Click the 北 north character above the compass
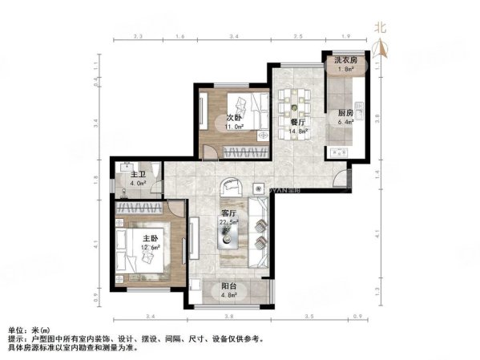(x=382, y=27)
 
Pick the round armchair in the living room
(x=232, y=187)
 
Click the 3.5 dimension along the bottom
(x=308, y=317)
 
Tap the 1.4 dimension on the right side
(x=377, y=172)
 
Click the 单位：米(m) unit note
(x=27, y=330)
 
